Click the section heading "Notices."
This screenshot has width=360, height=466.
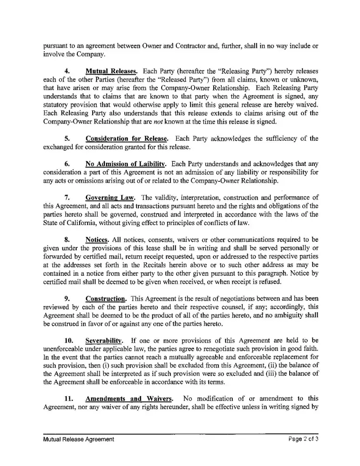[97, 239]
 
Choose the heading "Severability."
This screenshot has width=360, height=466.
[106, 340]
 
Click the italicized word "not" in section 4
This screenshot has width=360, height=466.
[160, 122]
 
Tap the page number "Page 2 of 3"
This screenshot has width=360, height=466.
[303, 439]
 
